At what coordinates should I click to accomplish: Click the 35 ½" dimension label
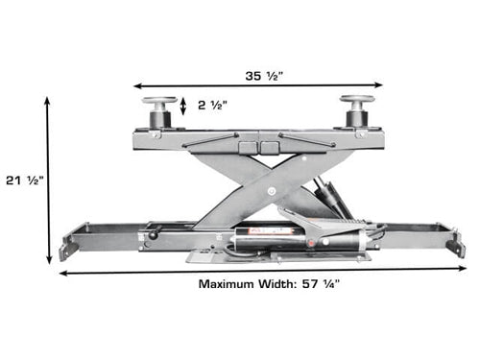pyautogui.click(x=264, y=76)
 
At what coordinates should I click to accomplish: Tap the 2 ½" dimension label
pyautogui.click(x=212, y=105)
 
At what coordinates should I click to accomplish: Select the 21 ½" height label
pyautogui.click(x=25, y=180)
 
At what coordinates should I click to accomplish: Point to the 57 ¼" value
pyautogui.click(x=321, y=284)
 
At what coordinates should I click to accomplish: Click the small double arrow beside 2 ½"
pyautogui.click(x=183, y=106)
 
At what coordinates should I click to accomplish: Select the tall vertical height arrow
pyautogui.click(x=48, y=180)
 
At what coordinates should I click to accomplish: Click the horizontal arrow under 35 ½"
pyautogui.click(x=258, y=85)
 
